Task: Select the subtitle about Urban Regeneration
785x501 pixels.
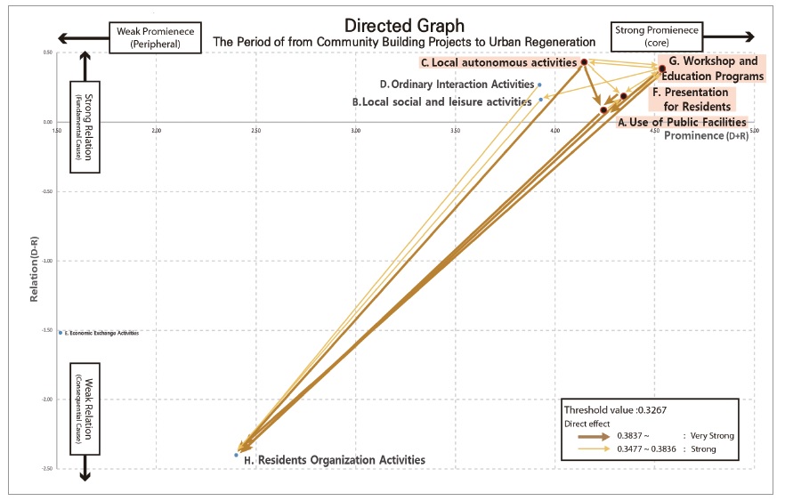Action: point(403,42)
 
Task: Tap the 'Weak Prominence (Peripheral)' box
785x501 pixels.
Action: point(149,36)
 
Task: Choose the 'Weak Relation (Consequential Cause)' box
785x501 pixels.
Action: point(85,409)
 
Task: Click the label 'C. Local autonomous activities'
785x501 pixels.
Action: point(498,63)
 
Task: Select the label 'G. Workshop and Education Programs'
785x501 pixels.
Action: point(714,69)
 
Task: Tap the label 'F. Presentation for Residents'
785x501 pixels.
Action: point(690,99)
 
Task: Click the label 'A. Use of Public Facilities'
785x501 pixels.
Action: point(682,122)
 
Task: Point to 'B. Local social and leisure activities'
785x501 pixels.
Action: point(442,102)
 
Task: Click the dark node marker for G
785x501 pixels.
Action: point(661,69)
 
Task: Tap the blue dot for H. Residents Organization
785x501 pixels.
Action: point(236,455)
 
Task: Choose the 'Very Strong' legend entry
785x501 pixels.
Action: point(708,436)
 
